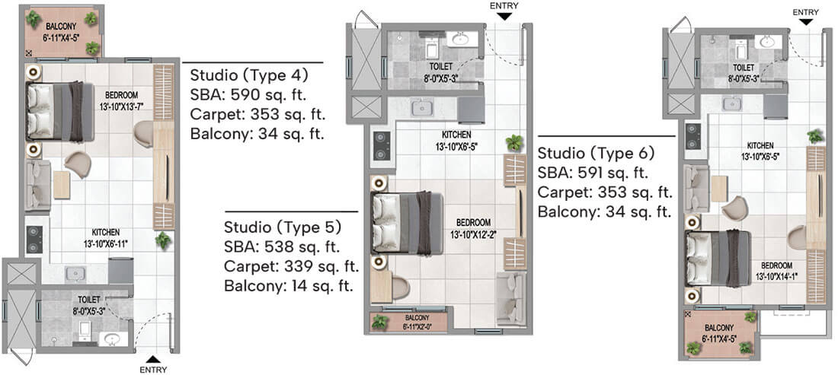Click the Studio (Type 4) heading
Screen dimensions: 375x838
coord(248,75)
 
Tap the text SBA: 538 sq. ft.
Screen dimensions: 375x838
coord(281,246)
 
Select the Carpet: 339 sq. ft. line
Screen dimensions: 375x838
coord(290,266)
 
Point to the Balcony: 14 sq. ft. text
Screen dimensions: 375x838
coord(289,286)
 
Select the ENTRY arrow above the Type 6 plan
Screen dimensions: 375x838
coord(805,21)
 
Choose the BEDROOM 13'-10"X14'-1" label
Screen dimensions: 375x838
coord(780,271)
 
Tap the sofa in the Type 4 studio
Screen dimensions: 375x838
coord(37,185)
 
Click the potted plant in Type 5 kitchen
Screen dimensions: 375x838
coord(514,142)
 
